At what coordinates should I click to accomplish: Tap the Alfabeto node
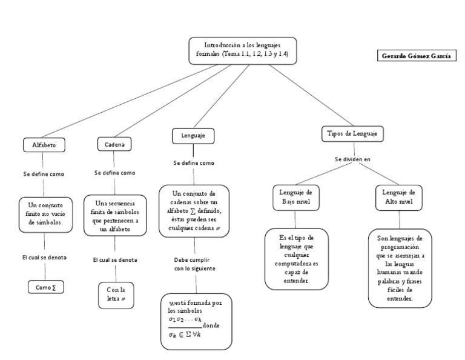(44, 145)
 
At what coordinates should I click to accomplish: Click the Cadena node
(114, 144)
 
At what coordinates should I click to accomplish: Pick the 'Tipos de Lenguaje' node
(352, 133)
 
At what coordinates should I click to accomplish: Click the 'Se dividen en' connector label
(352, 159)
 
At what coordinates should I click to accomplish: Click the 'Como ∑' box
(46, 287)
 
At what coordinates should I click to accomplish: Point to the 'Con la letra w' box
(116, 295)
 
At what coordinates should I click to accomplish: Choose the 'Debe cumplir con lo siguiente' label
(194, 263)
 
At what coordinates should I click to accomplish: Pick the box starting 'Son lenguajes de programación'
(400, 268)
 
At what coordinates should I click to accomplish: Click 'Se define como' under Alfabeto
(44, 174)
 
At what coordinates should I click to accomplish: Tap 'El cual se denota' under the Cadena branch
(115, 260)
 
